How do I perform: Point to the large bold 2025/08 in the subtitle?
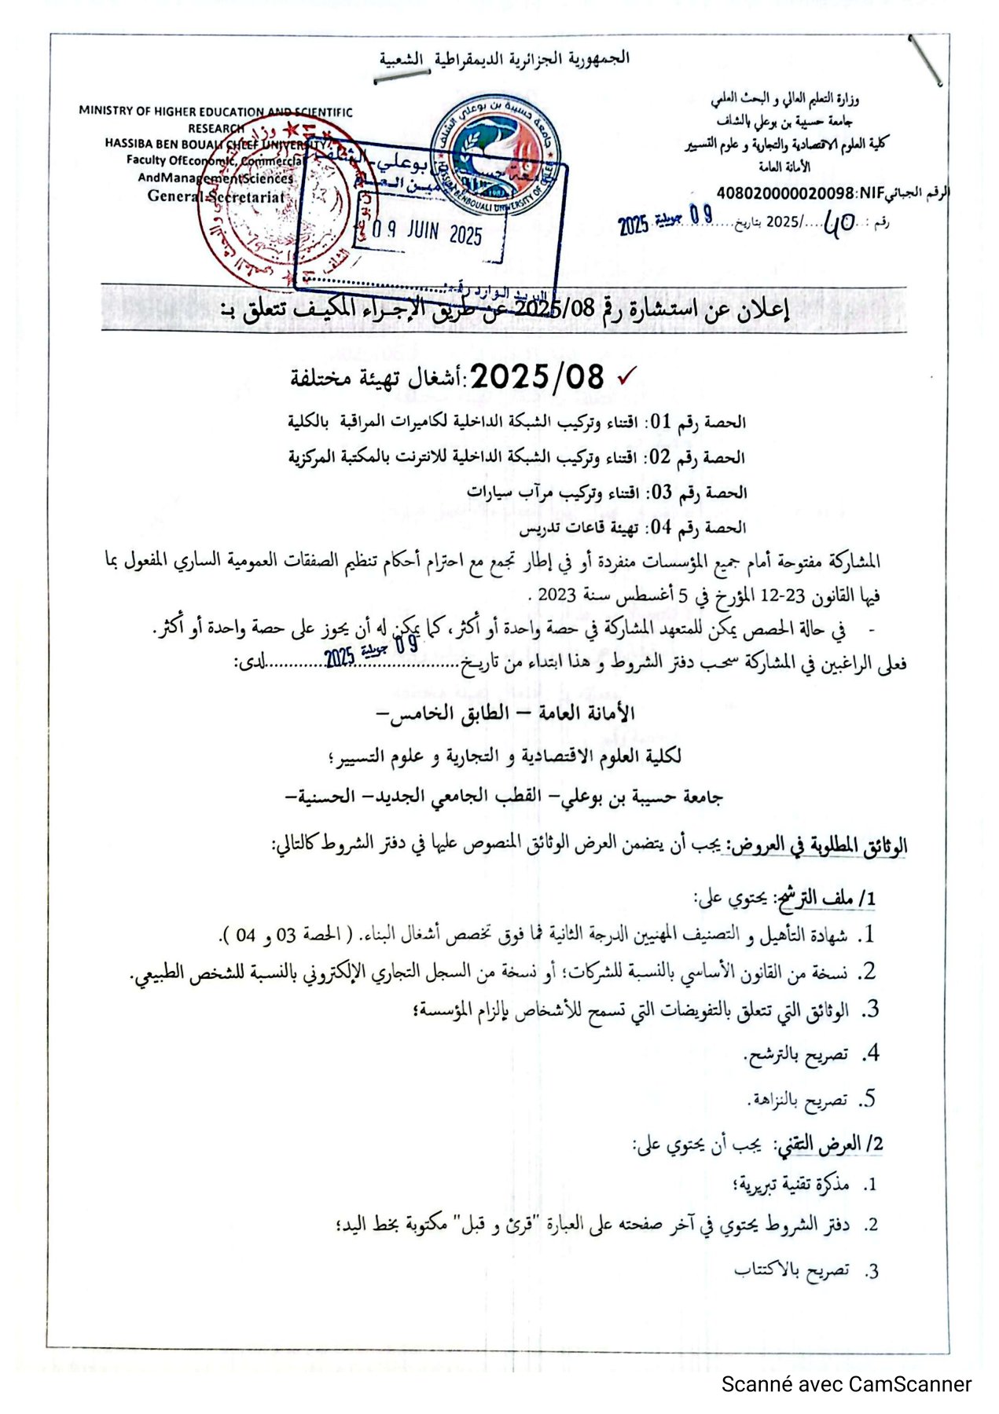(537, 378)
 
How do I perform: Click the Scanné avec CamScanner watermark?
(846, 1383)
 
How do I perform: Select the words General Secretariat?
(216, 196)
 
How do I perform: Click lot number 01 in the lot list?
(660, 422)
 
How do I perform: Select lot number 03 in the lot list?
(660, 493)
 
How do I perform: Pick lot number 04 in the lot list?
(660, 527)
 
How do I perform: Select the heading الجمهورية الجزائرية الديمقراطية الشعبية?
(504, 59)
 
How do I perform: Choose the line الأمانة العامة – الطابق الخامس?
(507, 713)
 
